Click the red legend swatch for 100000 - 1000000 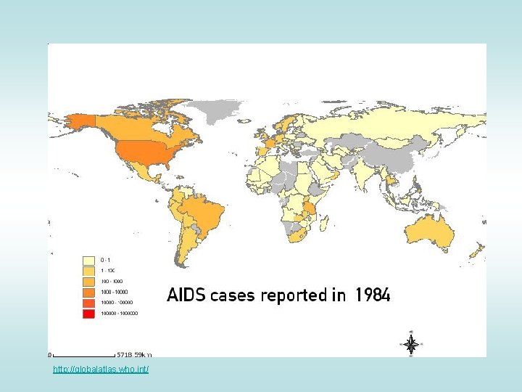point(89,314)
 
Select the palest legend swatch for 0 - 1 point(89,259)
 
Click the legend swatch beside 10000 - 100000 point(89,303)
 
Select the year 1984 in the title point(372,295)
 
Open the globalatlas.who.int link point(101,370)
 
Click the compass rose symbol point(410,344)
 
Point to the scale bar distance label point(135,356)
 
